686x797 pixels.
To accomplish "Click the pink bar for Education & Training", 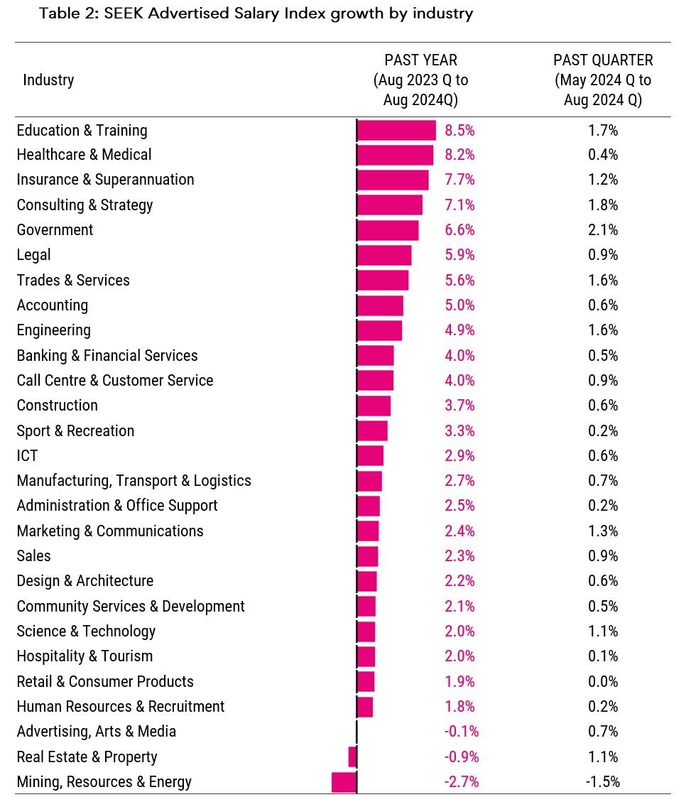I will point(396,130).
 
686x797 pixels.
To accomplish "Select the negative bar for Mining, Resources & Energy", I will point(343,782).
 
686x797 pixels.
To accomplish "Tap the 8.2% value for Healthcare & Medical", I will point(459,155).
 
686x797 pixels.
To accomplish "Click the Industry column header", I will point(48,80).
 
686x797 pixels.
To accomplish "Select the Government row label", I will point(55,230).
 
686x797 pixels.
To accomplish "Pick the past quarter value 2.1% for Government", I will point(603,230).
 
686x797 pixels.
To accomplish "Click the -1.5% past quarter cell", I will point(603,782).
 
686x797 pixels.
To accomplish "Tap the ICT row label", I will point(27,456).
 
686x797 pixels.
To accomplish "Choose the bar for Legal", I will point(384,255).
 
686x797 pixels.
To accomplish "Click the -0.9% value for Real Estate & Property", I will point(461,757).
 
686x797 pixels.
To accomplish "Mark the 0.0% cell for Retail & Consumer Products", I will point(603,682).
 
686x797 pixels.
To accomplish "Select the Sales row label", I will point(34,556).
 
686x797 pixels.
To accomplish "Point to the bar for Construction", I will point(374,406).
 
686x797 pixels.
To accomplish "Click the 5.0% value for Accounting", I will point(459,305).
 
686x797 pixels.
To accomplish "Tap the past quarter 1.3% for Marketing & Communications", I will point(603,531).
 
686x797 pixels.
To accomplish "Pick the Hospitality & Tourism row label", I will point(85,656).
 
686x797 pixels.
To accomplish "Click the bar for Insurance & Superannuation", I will point(393,180).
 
